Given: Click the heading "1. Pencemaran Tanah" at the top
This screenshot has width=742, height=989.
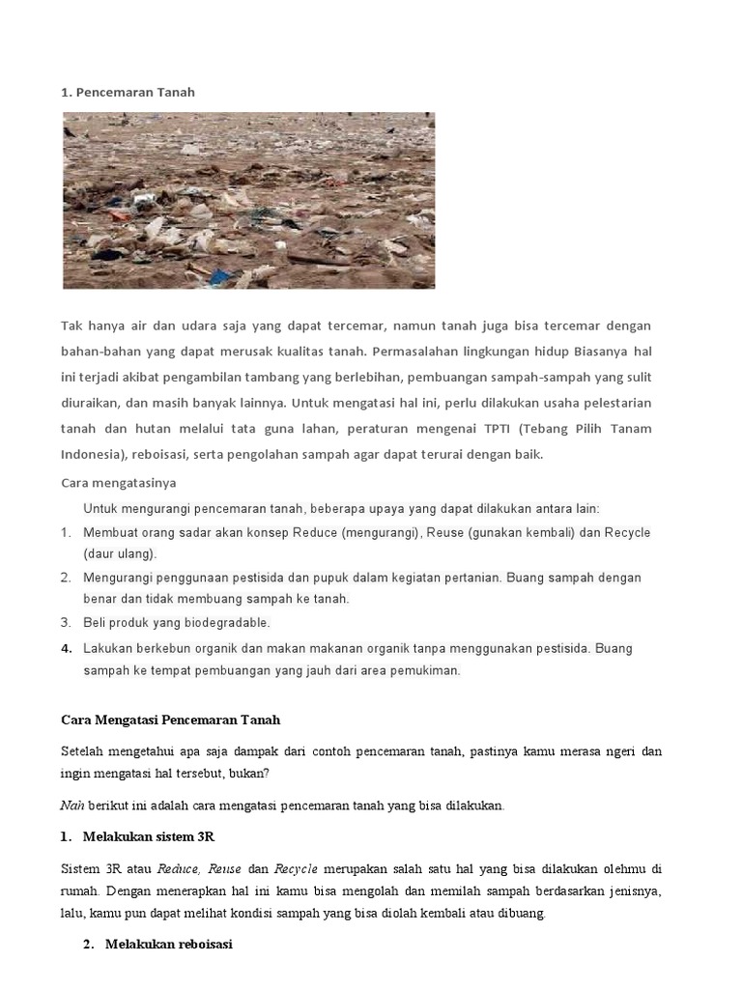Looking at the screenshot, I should point(128,92).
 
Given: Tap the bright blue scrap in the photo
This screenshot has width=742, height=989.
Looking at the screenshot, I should point(221,276).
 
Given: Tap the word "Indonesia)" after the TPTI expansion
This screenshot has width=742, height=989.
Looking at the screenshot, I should point(95,454).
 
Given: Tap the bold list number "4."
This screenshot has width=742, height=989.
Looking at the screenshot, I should point(67,648).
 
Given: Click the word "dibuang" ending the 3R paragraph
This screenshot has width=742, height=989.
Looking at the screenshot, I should point(522,913).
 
